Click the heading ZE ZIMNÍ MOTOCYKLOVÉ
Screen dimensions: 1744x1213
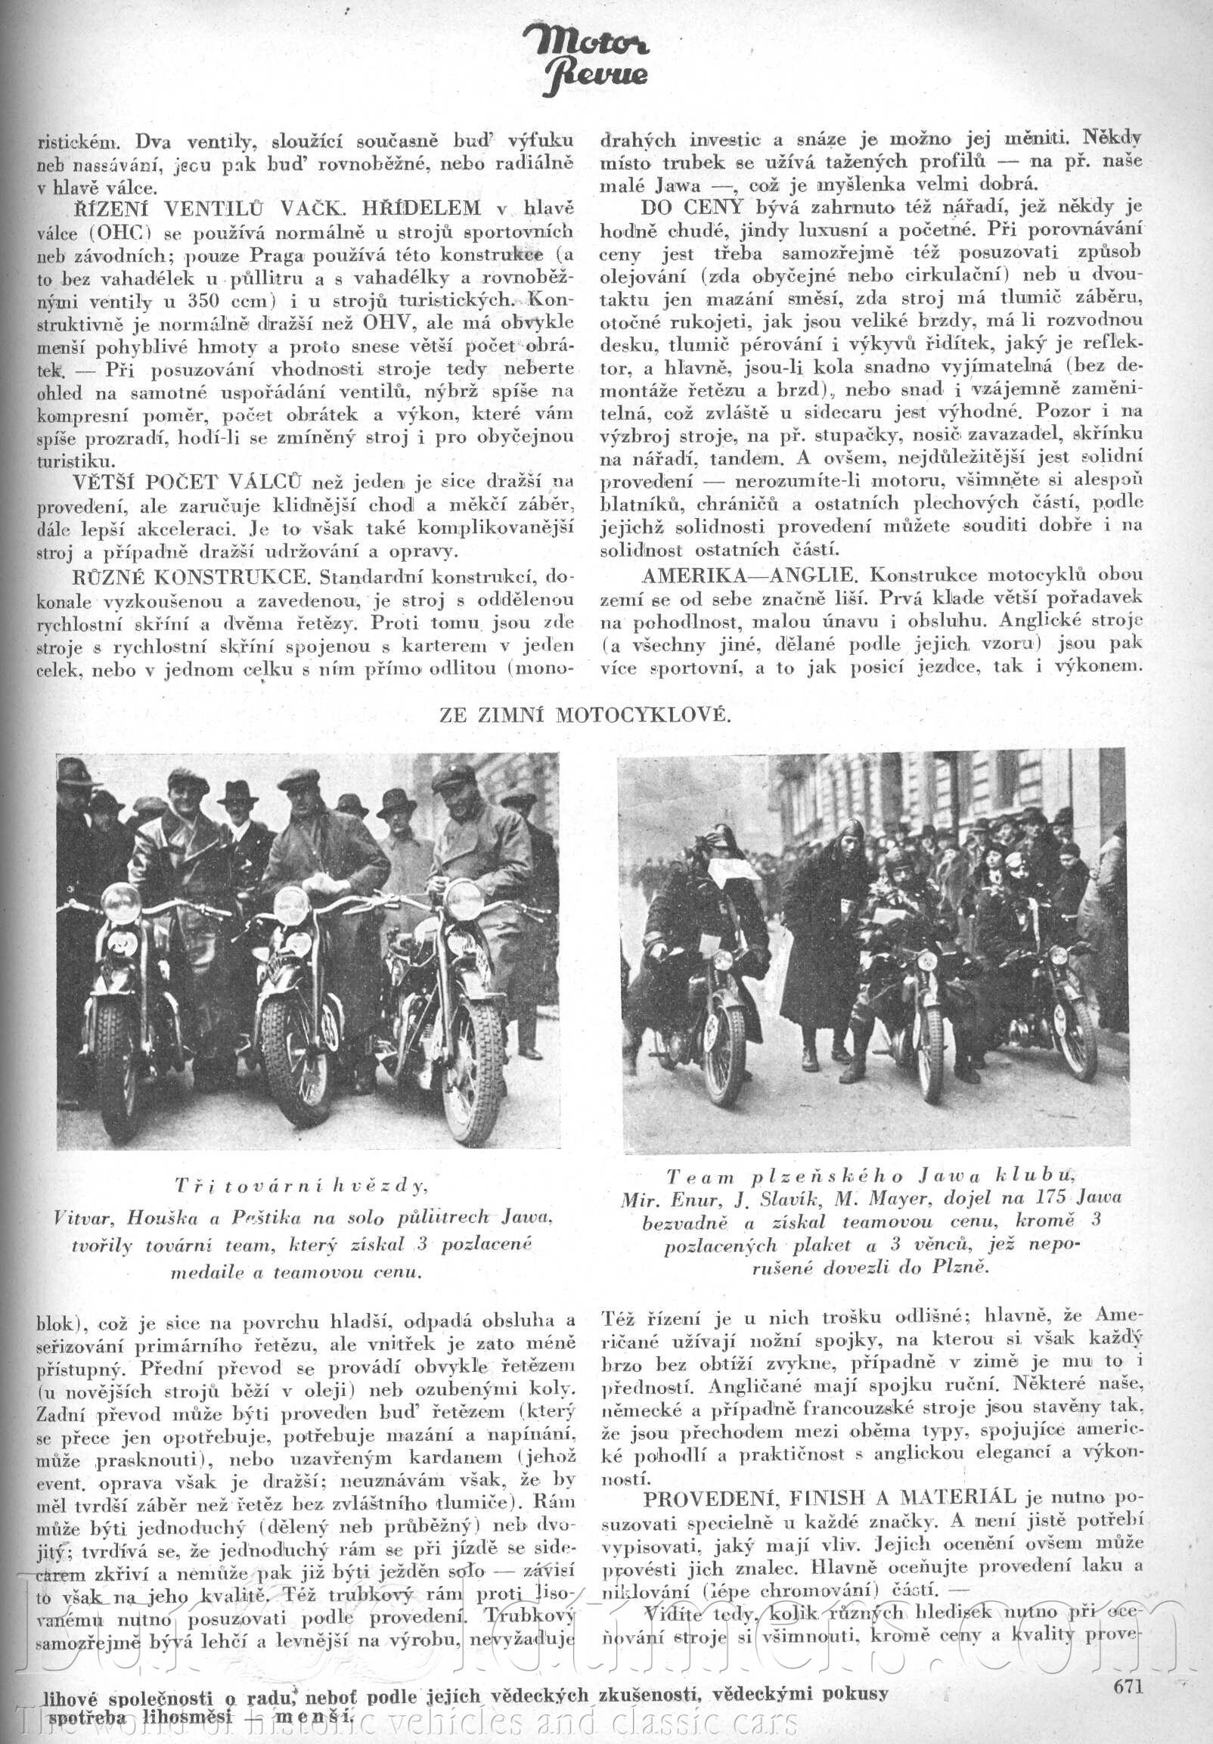(x=585, y=715)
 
